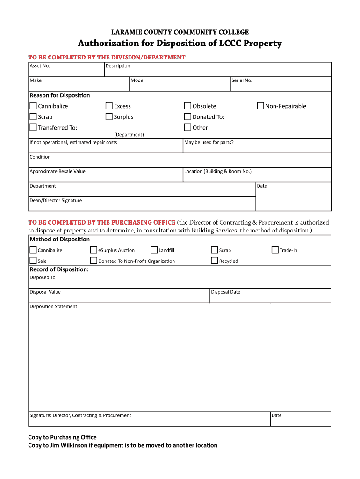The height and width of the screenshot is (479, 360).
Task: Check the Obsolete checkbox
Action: point(187,106)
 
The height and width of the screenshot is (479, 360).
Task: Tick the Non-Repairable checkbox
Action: point(260,106)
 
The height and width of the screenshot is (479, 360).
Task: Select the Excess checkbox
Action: point(109,106)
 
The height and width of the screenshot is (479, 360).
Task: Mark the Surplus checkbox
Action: point(109,117)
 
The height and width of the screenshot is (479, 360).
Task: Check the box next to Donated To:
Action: point(187,117)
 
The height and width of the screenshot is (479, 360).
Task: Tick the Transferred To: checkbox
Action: point(33,128)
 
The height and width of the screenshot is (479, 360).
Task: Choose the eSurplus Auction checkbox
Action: point(94,250)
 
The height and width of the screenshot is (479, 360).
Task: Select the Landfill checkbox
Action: point(154,250)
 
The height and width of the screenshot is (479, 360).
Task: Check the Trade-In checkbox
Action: point(275,250)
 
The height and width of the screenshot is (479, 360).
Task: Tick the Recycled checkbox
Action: point(215,261)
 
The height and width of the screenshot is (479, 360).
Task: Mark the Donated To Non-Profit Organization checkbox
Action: point(94,261)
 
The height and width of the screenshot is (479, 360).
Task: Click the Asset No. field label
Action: point(40,66)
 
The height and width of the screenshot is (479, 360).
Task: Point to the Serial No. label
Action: point(242,80)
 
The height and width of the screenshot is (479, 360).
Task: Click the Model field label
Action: point(137,80)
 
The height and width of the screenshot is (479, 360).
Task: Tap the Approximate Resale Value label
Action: point(58,171)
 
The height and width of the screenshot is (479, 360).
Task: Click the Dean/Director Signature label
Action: point(56,201)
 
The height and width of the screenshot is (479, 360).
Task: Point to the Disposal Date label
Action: point(225,292)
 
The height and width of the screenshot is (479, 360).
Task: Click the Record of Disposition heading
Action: point(59,269)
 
